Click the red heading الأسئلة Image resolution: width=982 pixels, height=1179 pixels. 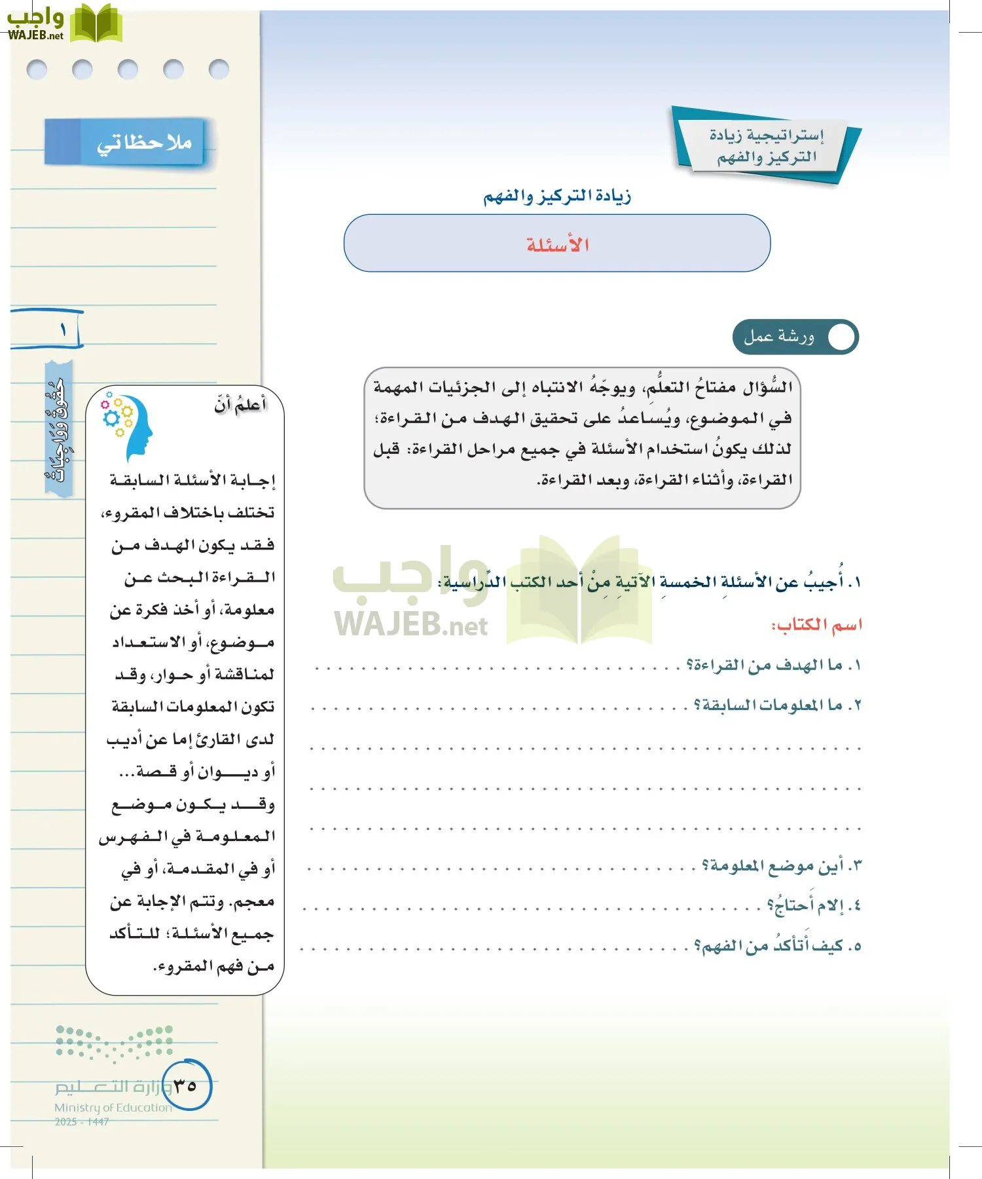click(558, 245)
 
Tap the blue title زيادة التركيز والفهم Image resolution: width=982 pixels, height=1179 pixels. click(557, 196)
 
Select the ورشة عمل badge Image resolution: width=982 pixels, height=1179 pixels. click(795, 337)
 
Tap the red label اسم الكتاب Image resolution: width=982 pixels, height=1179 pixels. click(816, 625)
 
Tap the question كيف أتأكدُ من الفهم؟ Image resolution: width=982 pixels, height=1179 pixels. click(777, 946)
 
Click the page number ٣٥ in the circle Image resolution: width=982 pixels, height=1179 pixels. click(185, 1085)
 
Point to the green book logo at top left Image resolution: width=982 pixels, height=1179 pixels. click(96, 24)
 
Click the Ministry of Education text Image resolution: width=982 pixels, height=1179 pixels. click(113, 1108)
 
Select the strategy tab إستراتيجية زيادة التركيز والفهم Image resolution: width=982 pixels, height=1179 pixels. click(766, 145)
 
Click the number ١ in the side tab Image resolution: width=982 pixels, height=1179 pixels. click(64, 329)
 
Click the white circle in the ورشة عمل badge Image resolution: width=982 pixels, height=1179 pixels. click(841, 337)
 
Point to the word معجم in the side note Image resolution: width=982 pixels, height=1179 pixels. click(254, 902)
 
